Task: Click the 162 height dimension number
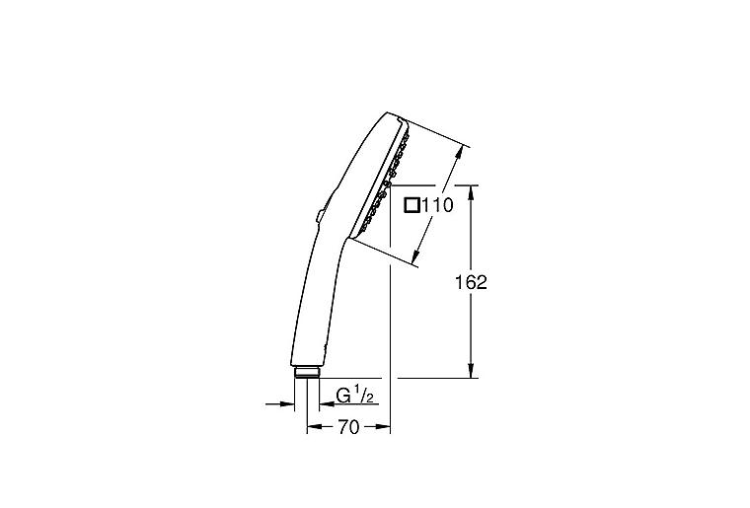(473, 282)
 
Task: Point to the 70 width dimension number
(348, 427)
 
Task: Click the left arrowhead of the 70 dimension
(313, 427)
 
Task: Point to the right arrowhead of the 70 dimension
(386, 427)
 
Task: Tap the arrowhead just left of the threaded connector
(289, 402)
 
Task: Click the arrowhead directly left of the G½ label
(324, 402)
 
